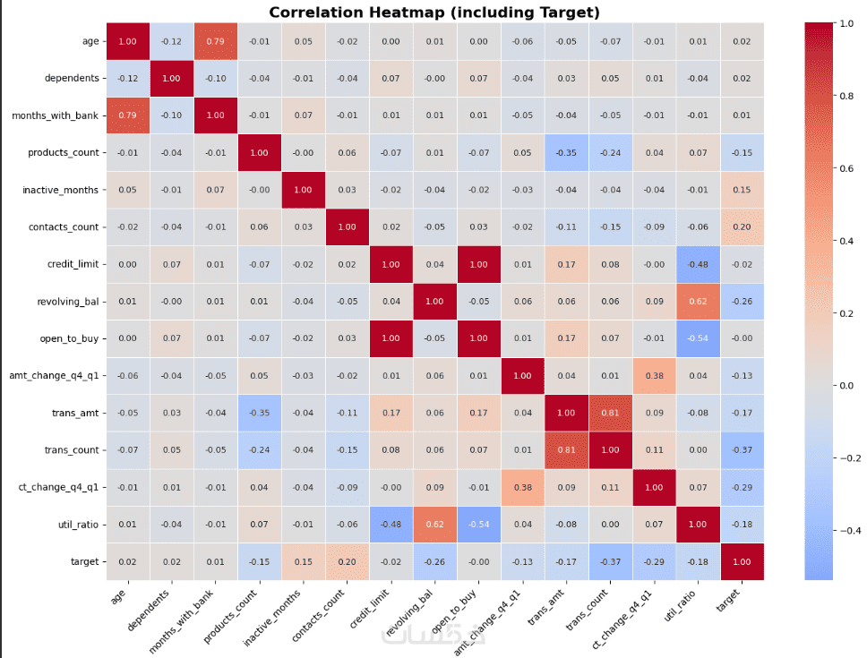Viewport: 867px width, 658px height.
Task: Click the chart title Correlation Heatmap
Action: click(434, 12)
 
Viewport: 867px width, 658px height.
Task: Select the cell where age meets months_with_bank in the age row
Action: click(215, 41)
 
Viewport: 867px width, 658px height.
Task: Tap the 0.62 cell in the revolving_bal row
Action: click(698, 302)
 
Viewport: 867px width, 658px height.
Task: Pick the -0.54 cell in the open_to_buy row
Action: click(698, 338)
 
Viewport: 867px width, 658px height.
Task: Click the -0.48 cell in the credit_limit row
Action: click(698, 264)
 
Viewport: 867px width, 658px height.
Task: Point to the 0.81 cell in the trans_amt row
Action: click(610, 413)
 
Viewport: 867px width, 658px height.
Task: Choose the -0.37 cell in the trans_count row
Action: click(742, 450)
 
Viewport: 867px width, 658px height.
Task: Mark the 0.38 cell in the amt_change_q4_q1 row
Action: click(654, 376)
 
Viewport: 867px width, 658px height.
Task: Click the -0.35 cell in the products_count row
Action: click(566, 152)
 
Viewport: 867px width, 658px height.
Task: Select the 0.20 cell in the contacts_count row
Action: click(742, 226)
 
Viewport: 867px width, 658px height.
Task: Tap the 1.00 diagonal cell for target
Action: click(742, 561)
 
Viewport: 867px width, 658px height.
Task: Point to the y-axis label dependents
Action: click(71, 79)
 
